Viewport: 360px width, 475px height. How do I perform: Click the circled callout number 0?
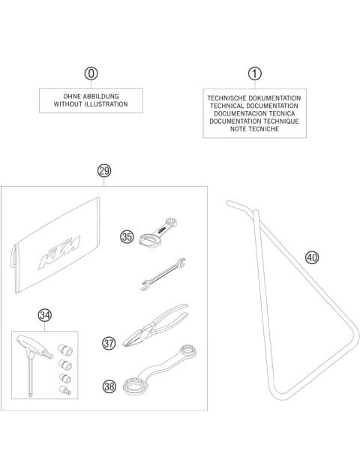pyautogui.click(x=91, y=74)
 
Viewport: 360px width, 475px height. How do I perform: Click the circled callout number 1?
pyautogui.click(x=255, y=74)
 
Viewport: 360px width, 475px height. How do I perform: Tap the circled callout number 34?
pyautogui.click(x=44, y=315)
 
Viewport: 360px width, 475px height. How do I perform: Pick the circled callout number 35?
pyautogui.click(x=127, y=236)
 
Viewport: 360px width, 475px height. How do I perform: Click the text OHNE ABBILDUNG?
pyautogui.click(x=91, y=98)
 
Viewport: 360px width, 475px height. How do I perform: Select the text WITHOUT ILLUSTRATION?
pyautogui.click(x=91, y=106)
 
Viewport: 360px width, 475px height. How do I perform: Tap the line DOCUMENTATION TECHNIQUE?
pyautogui.click(x=255, y=122)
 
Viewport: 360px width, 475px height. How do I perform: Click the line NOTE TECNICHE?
pyautogui.click(x=255, y=130)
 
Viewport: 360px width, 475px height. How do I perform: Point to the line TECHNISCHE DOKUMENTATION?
pyautogui.click(x=255, y=98)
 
